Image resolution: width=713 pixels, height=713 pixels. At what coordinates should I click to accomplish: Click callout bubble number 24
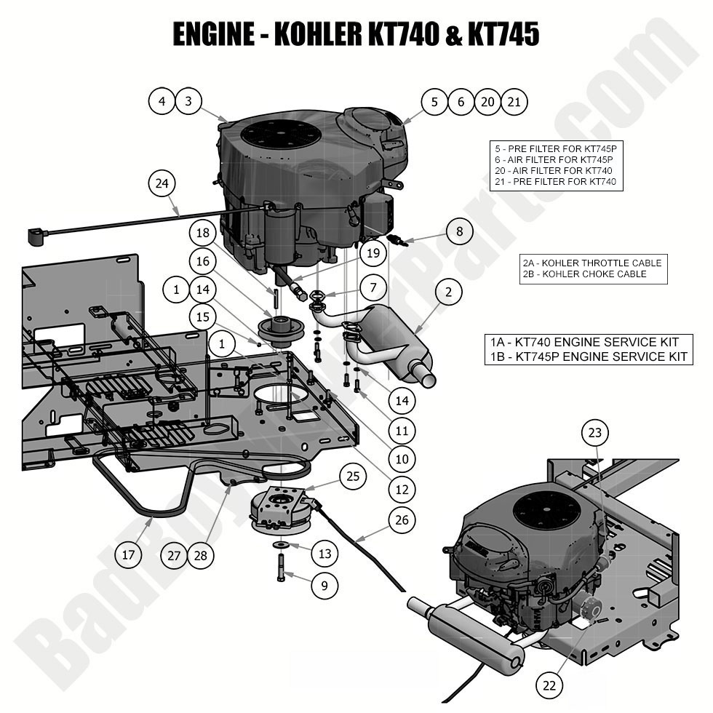pyautogui.click(x=162, y=183)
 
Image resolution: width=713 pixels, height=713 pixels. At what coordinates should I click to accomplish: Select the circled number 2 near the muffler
pyautogui.click(x=449, y=292)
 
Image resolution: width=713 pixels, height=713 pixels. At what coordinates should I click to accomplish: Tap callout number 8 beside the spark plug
pyautogui.click(x=459, y=232)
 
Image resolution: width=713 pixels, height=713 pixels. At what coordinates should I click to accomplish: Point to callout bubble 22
pyautogui.click(x=550, y=684)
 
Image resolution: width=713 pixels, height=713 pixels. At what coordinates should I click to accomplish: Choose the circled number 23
pyautogui.click(x=595, y=432)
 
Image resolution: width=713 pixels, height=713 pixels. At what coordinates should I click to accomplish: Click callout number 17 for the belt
pyautogui.click(x=128, y=555)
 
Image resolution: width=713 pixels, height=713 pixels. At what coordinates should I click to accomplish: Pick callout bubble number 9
pyautogui.click(x=324, y=583)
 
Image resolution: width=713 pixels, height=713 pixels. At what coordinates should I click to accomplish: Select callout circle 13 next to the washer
pyautogui.click(x=324, y=554)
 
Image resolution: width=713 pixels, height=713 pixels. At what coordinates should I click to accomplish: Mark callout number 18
pyautogui.click(x=202, y=233)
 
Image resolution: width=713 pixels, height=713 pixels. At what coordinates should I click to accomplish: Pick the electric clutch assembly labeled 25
pyautogui.click(x=280, y=509)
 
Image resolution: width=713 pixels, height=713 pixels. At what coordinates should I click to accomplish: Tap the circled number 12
pyautogui.click(x=401, y=490)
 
